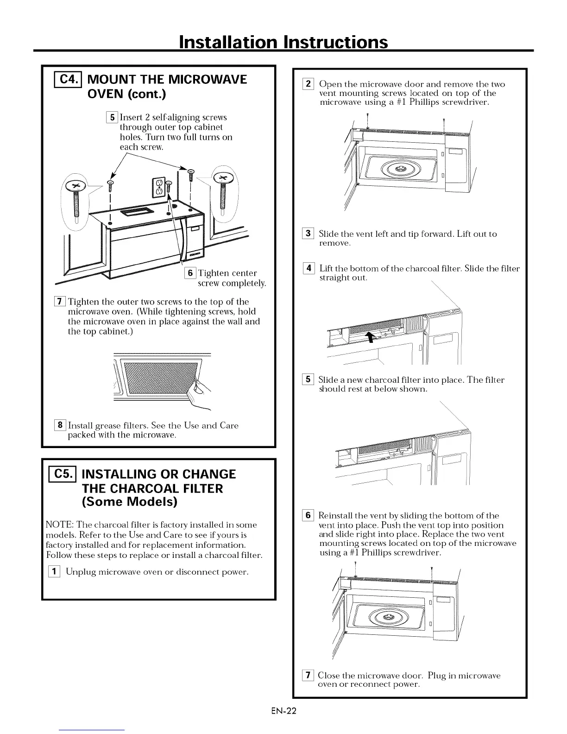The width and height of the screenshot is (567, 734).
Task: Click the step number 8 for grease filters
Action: pyautogui.click(x=61, y=425)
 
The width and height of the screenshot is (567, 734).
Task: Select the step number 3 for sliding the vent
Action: pyautogui.click(x=309, y=234)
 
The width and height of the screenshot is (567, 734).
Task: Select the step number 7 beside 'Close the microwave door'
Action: pyautogui.click(x=308, y=676)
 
